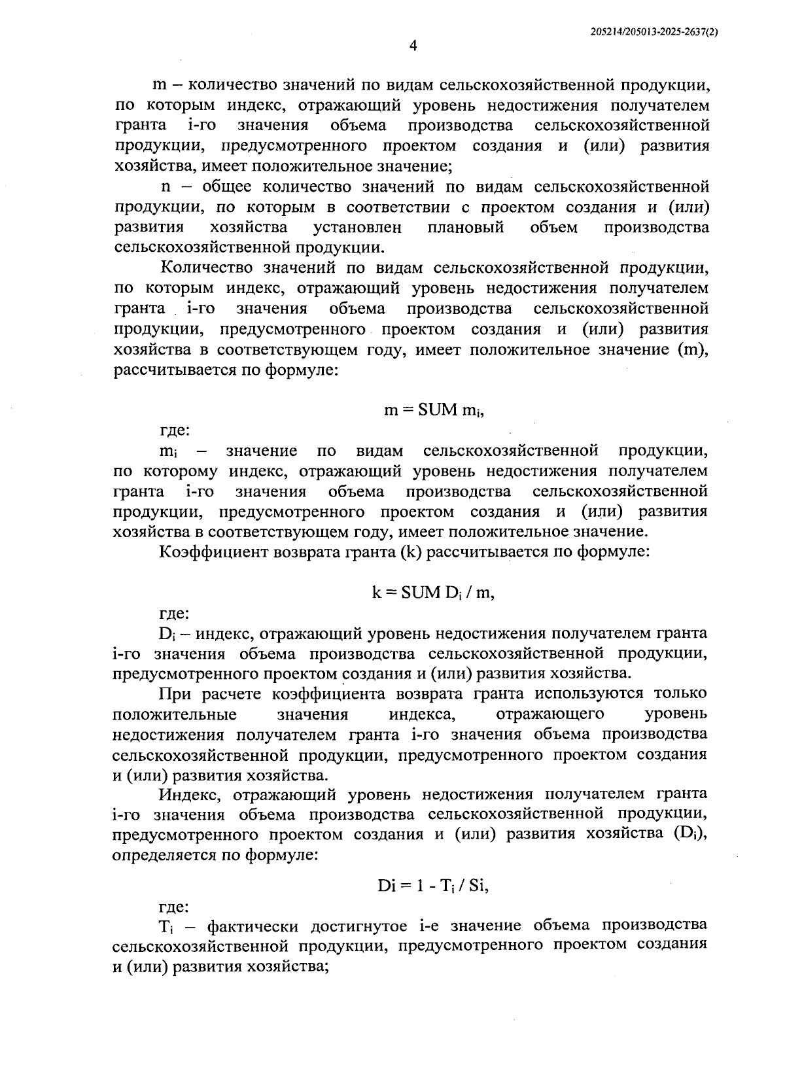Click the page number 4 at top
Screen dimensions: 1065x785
pyautogui.click(x=412, y=45)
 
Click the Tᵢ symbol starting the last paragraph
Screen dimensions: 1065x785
pyautogui.click(x=164, y=927)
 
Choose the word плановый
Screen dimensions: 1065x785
pyautogui.click(x=465, y=228)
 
